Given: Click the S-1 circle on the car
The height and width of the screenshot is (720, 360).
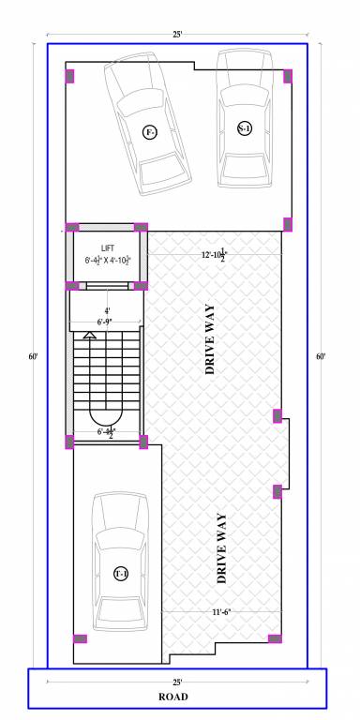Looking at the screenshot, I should tap(245, 128).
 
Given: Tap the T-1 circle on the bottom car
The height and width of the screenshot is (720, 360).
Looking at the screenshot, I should tap(121, 574).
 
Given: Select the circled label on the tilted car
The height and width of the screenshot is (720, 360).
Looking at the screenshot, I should tap(149, 131).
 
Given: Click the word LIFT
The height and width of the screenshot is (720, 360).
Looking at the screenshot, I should tap(108, 247).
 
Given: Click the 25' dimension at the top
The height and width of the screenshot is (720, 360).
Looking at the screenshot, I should tap(176, 35).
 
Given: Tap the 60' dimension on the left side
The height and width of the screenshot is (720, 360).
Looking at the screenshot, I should tap(34, 356).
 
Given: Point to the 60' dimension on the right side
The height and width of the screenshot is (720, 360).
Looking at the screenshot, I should tap(322, 356).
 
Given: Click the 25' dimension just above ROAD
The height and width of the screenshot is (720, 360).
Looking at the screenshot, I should tap(177, 682).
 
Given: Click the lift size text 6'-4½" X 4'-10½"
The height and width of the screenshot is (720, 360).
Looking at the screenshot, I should tap(108, 260).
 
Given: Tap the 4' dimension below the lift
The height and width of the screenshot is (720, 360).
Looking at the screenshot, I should tap(107, 310).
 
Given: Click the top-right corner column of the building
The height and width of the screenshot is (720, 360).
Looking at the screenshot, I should tap(288, 75).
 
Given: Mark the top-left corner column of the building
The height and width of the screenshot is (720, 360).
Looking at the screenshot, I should tap(69, 75).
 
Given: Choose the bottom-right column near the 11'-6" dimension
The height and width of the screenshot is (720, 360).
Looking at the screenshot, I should tap(275, 639).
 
